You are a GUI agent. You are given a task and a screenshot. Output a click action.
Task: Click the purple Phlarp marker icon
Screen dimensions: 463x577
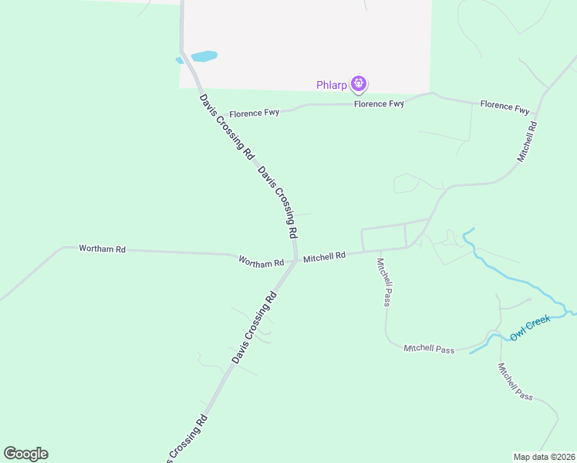pyautogui.click(x=358, y=83)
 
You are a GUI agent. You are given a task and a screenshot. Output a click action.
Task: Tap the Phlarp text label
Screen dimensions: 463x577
pyautogui.click(x=332, y=84)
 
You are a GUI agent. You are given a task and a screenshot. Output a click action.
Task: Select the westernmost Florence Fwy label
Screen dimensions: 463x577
pyautogui.click(x=252, y=113)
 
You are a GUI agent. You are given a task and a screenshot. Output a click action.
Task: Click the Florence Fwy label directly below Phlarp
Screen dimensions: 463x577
pyautogui.click(x=379, y=103)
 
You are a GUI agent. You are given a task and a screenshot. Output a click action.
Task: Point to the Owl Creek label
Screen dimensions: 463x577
pyautogui.click(x=529, y=331)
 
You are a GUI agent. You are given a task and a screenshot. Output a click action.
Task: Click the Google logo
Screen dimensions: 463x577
pyautogui.click(x=25, y=454)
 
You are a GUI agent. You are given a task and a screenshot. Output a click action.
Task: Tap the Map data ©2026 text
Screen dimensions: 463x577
pyautogui.click(x=543, y=456)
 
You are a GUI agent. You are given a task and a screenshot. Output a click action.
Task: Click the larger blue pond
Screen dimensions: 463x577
pyautogui.click(x=204, y=56)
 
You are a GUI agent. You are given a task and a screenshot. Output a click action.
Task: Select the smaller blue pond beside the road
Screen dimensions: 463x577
pyautogui.click(x=179, y=59)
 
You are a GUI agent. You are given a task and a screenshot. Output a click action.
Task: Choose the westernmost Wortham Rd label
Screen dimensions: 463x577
pyautogui.click(x=102, y=249)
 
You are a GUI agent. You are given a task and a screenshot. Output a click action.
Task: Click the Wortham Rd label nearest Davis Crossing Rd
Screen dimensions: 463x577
pyautogui.click(x=261, y=262)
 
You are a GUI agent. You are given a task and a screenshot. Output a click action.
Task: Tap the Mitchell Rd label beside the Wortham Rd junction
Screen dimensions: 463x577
pyautogui.click(x=324, y=257)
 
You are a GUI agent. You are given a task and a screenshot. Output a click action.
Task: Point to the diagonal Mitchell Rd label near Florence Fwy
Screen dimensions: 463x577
pyautogui.click(x=527, y=140)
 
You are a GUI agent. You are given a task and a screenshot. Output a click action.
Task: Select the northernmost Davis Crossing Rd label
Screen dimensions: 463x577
pyautogui.click(x=227, y=127)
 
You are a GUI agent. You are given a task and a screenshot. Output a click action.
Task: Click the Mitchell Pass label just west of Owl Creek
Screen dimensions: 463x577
pyautogui.click(x=429, y=349)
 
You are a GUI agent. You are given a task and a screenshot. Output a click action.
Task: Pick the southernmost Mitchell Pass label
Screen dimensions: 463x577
pyautogui.click(x=515, y=381)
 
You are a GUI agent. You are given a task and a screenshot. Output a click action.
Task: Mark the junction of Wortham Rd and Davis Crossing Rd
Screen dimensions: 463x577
pyautogui.click(x=295, y=260)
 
